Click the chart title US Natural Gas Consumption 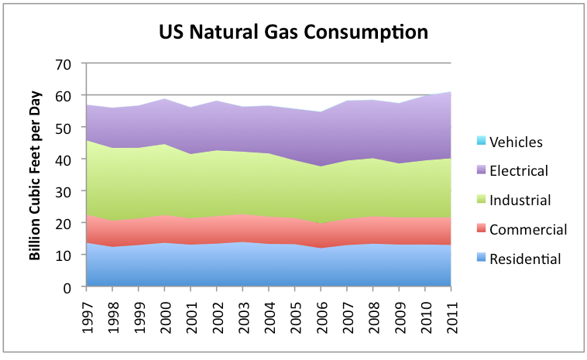coord(293,33)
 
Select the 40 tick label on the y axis coord(66,159)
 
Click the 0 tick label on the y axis coord(70,287)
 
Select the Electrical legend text coord(520,171)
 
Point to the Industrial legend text coord(521,201)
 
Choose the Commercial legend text coord(527,230)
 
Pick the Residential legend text coord(526,259)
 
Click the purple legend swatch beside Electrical coord(481,171)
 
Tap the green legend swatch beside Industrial coord(481,201)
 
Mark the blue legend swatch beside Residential coord(481,259)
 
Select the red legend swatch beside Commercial coord(481,230)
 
